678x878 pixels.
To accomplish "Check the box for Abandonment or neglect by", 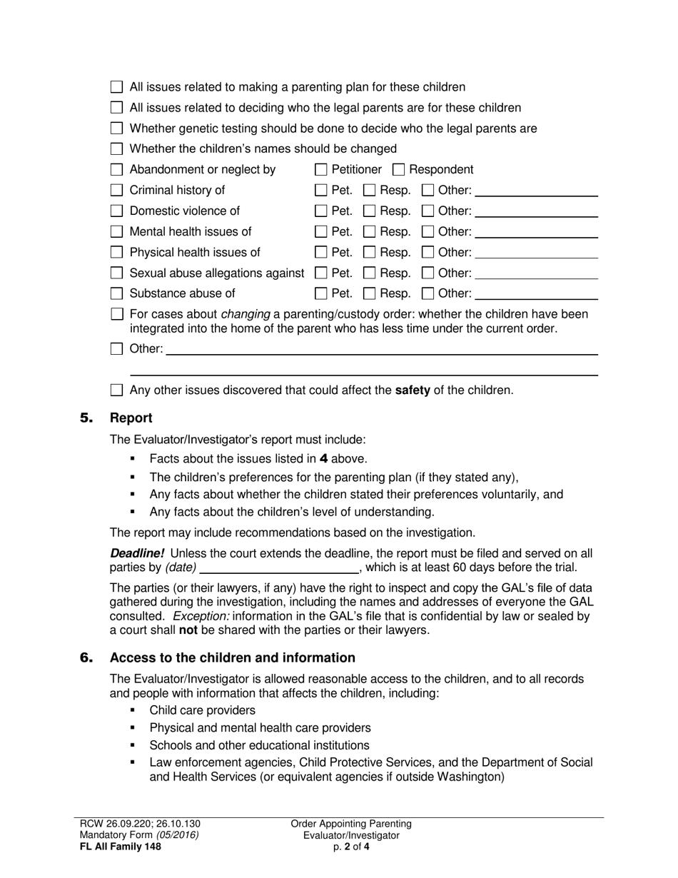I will click(117, 170).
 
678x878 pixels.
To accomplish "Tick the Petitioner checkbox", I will click(321, 170).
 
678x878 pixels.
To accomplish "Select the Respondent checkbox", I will click(400, 170).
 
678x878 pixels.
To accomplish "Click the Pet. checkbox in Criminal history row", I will click(321, 191).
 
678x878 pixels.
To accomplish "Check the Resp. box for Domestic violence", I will click(370, 211).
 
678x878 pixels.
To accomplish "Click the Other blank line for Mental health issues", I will click(536, 236).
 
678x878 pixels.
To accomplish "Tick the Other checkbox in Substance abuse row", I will click(427, 293).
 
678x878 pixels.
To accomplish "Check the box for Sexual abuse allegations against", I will click(117, 273).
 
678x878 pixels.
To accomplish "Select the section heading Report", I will click(131, 418).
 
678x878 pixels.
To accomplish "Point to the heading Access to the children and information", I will click(232, 658).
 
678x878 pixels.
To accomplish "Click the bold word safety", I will click(413, 390).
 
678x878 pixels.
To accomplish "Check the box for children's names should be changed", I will click(117, 149).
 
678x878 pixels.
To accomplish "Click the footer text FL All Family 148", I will click(120, 847).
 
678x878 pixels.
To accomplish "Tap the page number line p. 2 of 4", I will click(351, 847).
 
